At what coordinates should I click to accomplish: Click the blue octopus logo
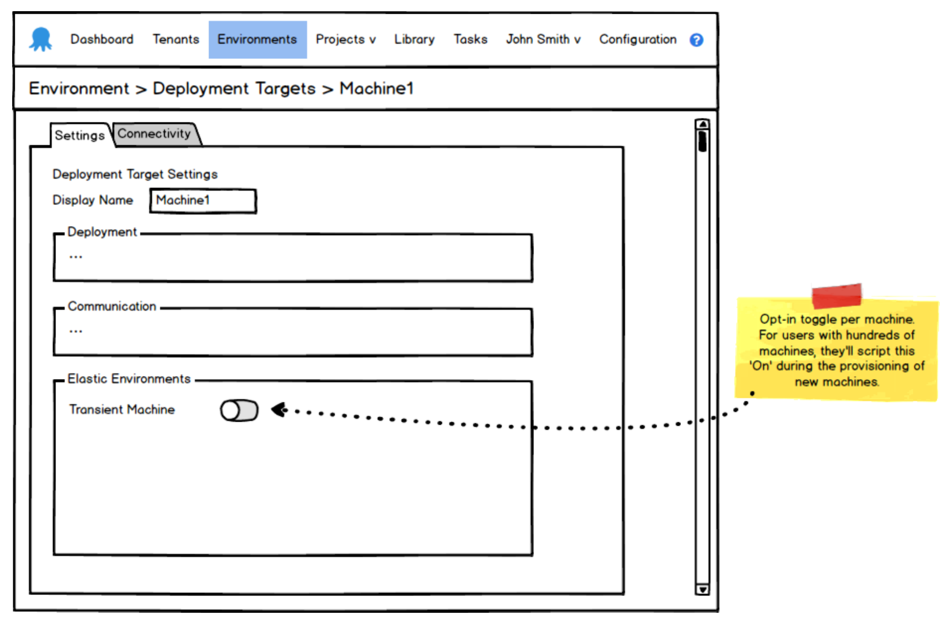41,39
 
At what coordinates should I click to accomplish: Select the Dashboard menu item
102,39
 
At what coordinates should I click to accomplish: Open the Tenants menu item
176,39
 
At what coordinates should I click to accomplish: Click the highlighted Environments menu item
257,39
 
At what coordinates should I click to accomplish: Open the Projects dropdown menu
345,39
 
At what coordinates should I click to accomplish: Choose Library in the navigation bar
414,39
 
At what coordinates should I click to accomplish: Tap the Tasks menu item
470,39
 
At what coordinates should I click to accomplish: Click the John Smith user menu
543,39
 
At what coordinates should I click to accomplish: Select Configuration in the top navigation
638,39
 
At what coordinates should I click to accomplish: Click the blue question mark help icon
696,40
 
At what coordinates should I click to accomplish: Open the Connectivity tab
154,134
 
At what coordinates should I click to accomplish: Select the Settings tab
80,135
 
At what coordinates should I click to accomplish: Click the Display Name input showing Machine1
203,201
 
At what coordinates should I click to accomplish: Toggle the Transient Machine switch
239,410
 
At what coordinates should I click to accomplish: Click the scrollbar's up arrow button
702,124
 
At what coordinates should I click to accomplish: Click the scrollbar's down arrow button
702,589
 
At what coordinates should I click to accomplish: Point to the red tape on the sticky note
837,295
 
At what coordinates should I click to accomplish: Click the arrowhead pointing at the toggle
279,409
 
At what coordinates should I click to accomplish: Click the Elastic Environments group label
129,379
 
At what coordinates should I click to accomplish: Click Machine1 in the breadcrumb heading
376,88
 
